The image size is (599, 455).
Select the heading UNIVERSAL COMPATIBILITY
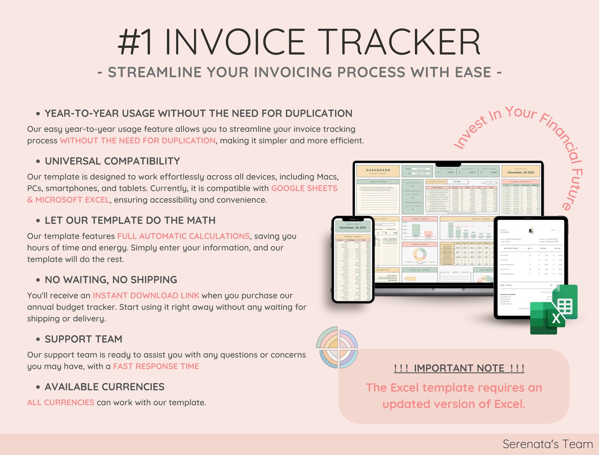coord(112,161)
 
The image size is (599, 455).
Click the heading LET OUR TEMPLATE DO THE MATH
coord(130,220)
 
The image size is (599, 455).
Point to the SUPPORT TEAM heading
coord(83,339)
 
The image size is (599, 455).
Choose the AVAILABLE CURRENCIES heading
coord(104,387)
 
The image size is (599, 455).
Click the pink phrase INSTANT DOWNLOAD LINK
coord(146,295)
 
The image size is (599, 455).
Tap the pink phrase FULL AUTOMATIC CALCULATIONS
coord(183,236)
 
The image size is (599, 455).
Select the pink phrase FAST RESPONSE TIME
coord(156,366)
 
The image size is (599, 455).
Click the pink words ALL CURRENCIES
coord(61,403)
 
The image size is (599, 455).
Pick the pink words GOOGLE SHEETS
coord(304,188)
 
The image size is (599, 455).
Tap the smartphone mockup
coord(353,260)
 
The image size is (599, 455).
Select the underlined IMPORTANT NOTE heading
coord(459,368)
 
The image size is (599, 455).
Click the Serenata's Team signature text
coord(547,444)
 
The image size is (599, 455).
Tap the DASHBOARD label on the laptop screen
coord(378,171)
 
